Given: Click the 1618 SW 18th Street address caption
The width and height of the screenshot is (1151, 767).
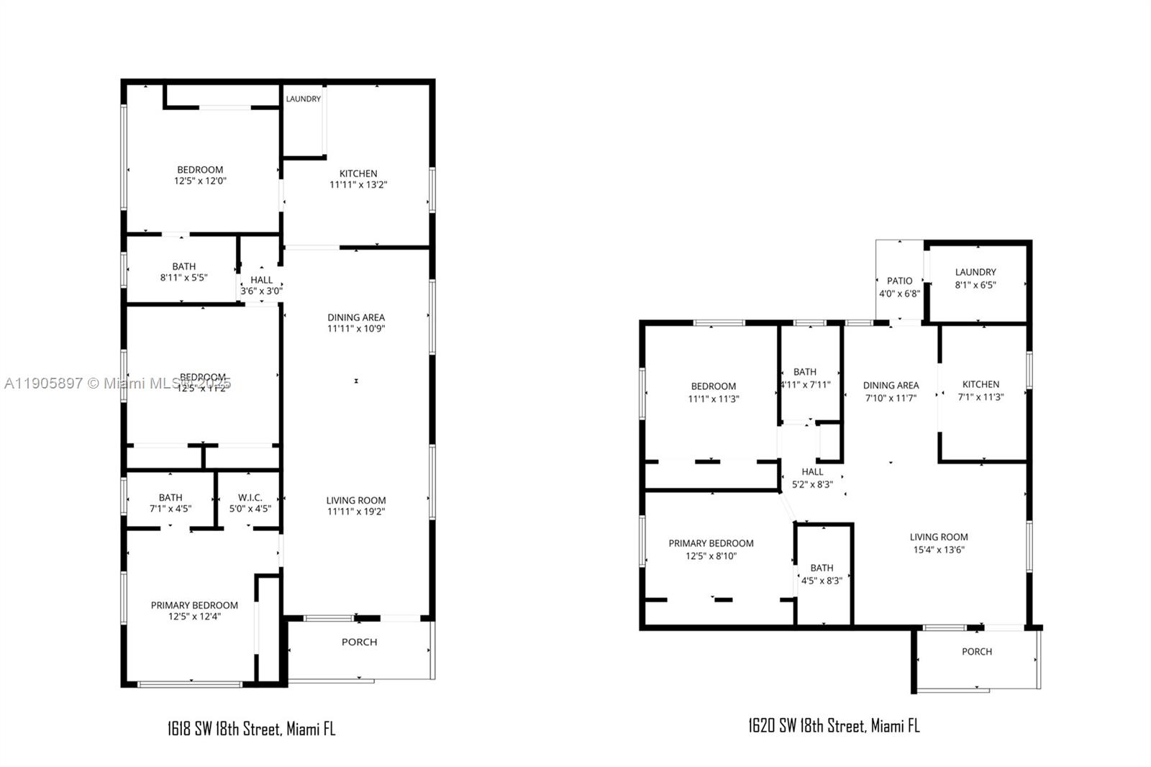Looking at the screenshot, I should tap(251, 729).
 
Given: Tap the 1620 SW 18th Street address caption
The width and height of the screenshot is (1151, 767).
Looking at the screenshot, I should tap(834, 725).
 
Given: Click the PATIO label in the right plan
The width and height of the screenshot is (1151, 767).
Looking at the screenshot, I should tap(899, 281).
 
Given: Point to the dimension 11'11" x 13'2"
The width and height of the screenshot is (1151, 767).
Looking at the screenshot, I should tap(358, 185).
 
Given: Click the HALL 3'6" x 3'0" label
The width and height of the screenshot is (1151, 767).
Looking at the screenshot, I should tap(261, 285).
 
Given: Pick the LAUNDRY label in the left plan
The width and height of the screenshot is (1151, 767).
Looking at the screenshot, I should tap(303, 99).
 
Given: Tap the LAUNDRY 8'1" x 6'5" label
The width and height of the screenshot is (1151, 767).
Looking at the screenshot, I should tap(975, 278).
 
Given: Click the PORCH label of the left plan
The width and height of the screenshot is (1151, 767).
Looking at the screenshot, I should tap(359, 642).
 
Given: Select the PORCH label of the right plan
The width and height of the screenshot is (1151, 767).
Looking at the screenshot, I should tap(976, 651).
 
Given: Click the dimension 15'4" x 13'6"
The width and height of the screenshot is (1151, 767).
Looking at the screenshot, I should tap(939, 550).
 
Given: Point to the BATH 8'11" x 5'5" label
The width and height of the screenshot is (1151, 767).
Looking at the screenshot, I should tap(183, 272).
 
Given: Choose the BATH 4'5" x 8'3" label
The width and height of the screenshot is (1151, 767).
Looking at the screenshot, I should tap(822, 574).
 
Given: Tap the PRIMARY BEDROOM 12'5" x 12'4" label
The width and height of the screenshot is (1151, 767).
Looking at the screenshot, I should tap(194, 611).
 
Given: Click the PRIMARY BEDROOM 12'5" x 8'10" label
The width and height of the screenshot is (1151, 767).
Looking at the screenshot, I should tap(711, 550).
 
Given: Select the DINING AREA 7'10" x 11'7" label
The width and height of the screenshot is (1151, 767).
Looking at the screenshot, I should tap(891, 391).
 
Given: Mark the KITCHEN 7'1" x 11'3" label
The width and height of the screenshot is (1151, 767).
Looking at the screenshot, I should tap(981, 390).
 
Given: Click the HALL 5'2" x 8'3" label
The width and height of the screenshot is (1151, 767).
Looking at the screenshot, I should tap(812, 478).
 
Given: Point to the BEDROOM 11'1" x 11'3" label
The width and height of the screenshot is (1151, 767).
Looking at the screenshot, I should tap(713, 392).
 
